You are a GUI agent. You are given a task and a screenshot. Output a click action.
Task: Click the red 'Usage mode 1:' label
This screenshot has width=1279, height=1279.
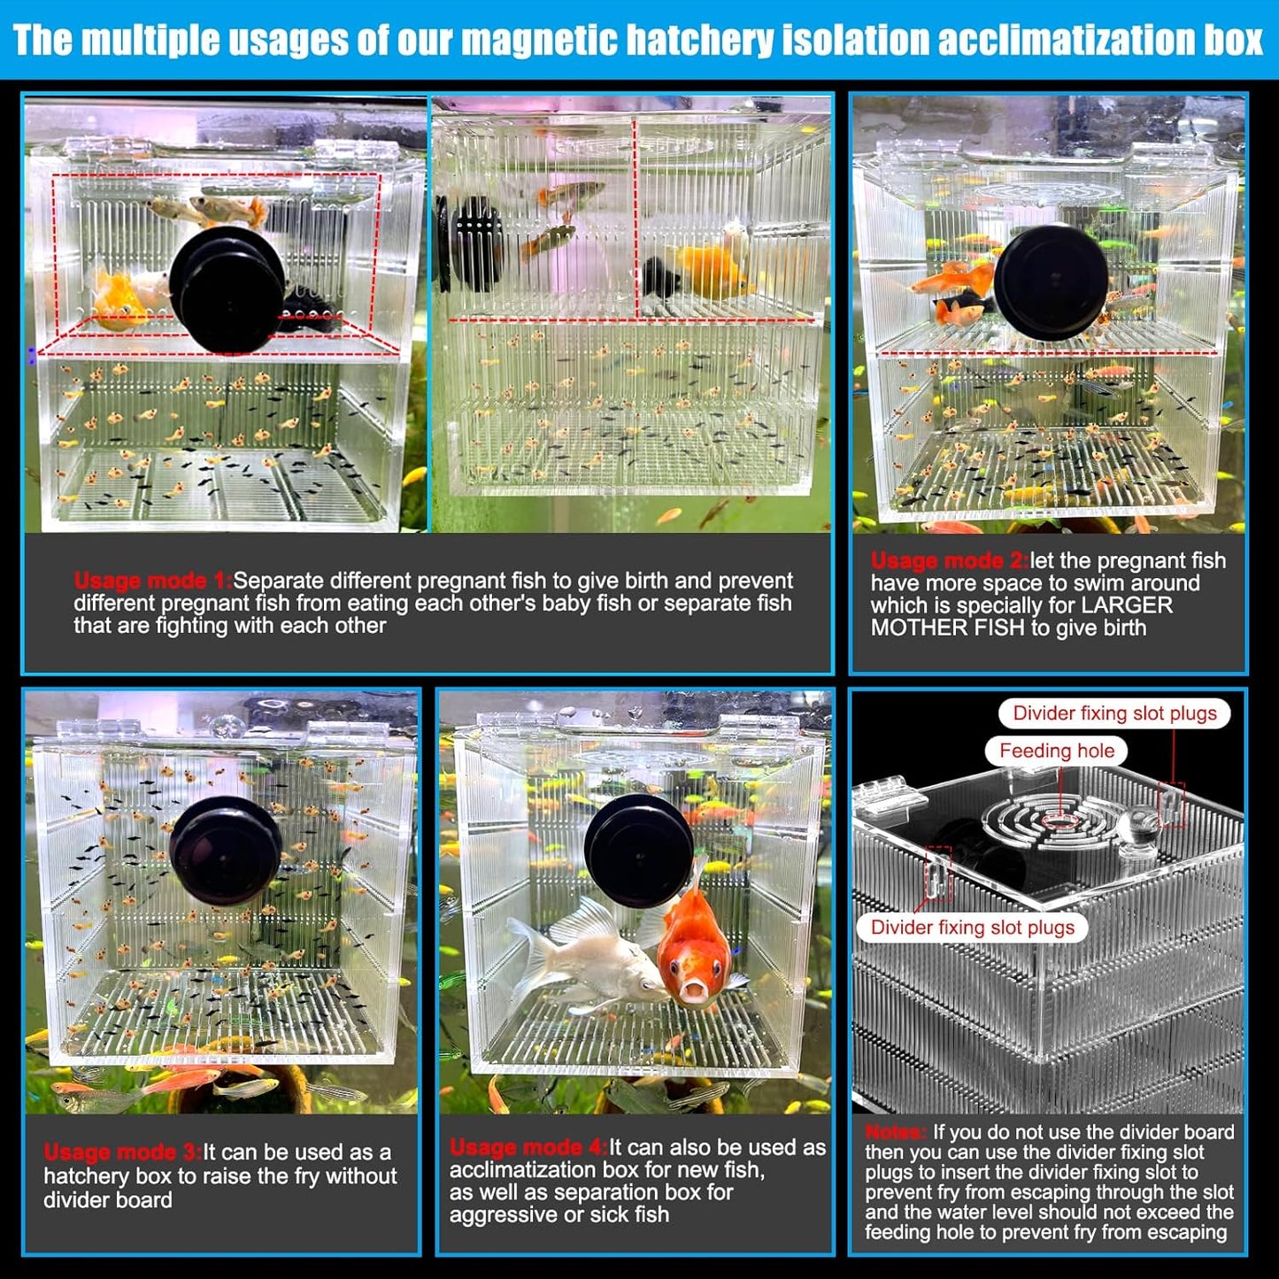click(x=152, y=582)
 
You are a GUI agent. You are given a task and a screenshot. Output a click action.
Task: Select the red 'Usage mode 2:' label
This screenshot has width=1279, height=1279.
click(x=949, y=561)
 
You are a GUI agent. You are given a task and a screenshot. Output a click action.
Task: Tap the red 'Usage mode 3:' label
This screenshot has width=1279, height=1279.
click(x=122, y=1152)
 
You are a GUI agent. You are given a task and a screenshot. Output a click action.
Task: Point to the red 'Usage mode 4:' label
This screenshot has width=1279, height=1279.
click(x=528, y=1148)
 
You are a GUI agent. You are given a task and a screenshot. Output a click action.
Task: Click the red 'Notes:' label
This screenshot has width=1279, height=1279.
click(x=895, y=1133)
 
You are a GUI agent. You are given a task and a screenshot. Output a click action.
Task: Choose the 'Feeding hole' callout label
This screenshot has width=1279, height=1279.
click(x=1056, y=751)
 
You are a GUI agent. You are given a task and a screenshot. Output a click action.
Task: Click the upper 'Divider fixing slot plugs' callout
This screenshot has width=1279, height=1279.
click(x=1114, y=713)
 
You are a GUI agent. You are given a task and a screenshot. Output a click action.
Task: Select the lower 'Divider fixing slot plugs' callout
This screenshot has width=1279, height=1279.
click(x=972, y=928)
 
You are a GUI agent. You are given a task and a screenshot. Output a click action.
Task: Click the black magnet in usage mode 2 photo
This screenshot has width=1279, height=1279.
click(x=1051, y=281)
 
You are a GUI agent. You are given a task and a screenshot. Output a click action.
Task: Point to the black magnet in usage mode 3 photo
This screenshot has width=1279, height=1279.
click(x=226, y=851)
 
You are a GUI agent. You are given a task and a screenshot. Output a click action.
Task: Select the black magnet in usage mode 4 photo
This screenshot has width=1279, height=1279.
click(x=639, y=851)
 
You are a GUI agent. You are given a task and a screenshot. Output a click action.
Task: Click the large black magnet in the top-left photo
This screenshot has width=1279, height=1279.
click(x=227, y=290)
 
